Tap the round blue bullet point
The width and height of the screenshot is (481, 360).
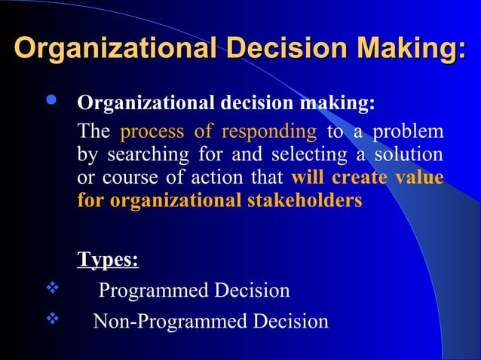tap(51, 102)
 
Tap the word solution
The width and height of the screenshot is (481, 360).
tap(407, 154)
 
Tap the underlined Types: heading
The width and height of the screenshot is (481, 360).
tap(108, 260)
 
